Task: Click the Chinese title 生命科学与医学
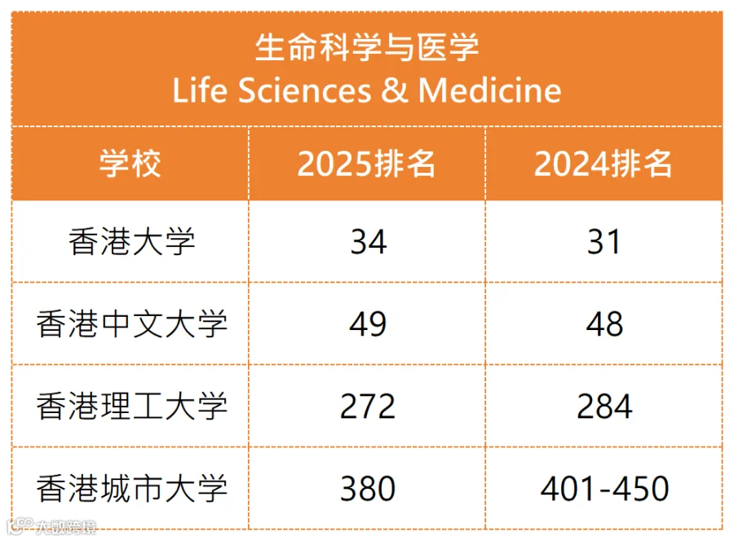[x=367, y=47]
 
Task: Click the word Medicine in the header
[x=489, y=90]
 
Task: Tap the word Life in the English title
[x=200, y=90]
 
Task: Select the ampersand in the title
[x=395, y=90]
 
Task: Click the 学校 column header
[x=130, y=163]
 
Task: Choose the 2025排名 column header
[x=366, y=164]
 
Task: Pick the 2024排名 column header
[x=604, y=164]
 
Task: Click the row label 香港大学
[x=131, y=242]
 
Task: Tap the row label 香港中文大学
[x=131, y=323]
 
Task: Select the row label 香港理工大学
[x=131, y=406]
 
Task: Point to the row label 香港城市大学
[x=131, y=488]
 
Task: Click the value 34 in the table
[x=369, y=242]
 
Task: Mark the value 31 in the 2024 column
[x=604, y=242]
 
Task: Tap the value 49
[x=368, y=323]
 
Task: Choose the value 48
[x=604, y=323]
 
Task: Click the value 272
[x=368, y=407]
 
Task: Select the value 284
[x=604, y=407]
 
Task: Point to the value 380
[x=368, y=489]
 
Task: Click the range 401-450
[x=604, y=489]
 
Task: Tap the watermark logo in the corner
[x=51, y=527]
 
